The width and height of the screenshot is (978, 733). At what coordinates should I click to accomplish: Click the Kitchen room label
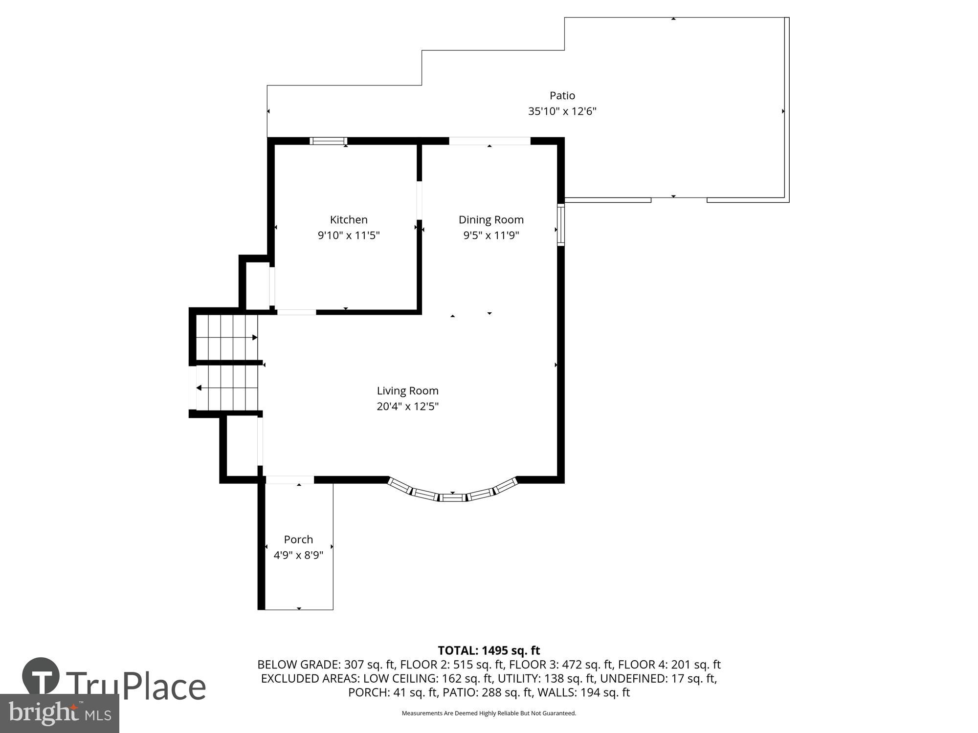coord(348,220)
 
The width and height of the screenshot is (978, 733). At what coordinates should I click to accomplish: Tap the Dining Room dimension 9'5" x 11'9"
coord(491,236)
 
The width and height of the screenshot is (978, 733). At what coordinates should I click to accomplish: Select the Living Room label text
coord(407,391)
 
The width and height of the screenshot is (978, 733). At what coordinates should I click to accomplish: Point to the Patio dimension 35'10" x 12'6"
coord(562,111)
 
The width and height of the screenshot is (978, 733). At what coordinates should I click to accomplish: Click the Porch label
coord(298,539)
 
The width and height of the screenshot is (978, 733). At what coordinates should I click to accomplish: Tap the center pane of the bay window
coord(452,498)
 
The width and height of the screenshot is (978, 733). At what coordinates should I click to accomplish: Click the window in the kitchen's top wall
coord(329,141)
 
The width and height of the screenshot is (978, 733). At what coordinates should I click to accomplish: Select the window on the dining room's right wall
coord(561,225)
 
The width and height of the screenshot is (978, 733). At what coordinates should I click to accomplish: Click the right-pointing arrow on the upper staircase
coord(254,338)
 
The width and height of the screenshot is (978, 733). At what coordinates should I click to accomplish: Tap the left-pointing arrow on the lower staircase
coord(200,388)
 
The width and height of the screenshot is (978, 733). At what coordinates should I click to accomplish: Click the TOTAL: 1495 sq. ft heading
coord(489,650)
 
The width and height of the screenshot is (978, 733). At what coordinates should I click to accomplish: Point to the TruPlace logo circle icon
coord(41,677)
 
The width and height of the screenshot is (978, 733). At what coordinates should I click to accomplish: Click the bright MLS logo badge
coord(59,714)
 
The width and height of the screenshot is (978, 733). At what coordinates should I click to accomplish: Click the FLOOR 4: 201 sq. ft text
coord(669,665)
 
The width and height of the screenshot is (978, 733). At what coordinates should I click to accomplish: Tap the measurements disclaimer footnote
coord(489,713)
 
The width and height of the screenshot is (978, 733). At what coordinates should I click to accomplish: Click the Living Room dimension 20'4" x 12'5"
coord(407,407)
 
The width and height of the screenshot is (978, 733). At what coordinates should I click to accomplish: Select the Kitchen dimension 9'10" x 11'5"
coord(348,236)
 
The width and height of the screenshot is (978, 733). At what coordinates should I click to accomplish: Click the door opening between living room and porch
coord(289,480)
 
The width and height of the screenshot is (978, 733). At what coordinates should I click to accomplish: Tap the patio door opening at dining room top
coord(489,141)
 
